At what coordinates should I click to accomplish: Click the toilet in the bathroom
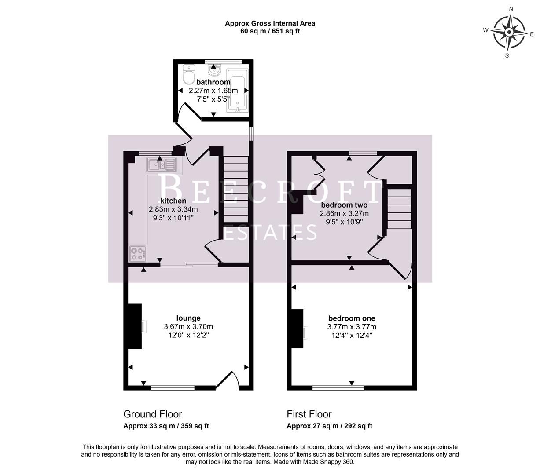pos(189,75)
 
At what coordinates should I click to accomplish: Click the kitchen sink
pos(161,165)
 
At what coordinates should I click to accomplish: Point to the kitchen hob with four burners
pos(138,253)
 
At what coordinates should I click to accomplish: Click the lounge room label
pos(188,318)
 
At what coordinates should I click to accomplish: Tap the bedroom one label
pos(352,318)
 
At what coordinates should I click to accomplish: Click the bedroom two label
pos(344,205)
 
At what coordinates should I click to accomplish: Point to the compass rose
pos(509,32)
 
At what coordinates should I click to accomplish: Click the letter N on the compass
pos(511,9)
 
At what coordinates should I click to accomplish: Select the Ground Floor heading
pos(152,414)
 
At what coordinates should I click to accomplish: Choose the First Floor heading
pos(309,414)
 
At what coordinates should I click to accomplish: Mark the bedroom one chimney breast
pos(298,329)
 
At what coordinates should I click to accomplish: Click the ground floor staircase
pos(236,189)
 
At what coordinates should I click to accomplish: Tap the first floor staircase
pos(399,208)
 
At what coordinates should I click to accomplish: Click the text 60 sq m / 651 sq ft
pos(270,31)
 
